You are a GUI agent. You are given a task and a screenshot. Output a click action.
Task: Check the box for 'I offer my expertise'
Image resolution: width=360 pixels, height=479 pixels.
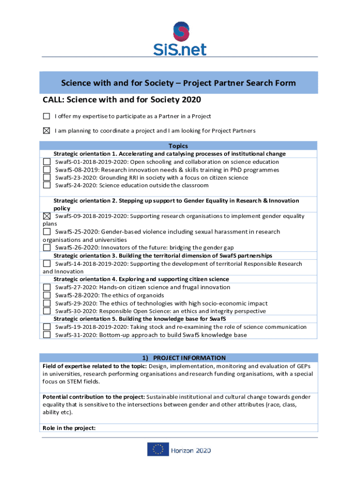[46, 116]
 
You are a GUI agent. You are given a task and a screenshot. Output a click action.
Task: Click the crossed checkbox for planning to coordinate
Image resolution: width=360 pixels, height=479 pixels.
[46, 131]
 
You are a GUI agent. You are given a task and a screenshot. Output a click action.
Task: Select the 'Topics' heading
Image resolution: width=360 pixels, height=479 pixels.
[178, 146]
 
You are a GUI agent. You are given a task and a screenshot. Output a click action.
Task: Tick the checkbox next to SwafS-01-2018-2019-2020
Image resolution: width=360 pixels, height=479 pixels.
[47, 162]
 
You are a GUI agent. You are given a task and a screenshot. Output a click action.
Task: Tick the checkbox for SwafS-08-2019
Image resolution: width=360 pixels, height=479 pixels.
[47, 170]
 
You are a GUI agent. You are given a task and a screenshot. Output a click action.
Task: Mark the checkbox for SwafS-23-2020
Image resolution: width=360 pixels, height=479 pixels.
[47, 177]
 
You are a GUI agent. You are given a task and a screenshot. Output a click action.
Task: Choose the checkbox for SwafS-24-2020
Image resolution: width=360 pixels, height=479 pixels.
[47, 185]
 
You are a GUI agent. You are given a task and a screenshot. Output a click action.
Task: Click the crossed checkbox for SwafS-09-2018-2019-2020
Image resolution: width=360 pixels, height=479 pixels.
[47, 216]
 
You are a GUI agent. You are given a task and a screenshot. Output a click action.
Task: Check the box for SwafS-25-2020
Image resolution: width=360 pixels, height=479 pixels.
[47, 232]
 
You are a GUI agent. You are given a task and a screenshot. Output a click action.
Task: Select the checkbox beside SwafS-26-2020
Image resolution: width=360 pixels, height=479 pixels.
[47, 247]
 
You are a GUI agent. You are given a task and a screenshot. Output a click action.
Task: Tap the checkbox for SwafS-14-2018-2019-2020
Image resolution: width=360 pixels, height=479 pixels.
[47, 264]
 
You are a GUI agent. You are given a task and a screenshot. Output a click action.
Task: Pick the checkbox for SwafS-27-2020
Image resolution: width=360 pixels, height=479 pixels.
[47, 287]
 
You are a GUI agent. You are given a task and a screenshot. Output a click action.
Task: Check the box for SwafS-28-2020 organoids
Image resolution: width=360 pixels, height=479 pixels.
[47, 295]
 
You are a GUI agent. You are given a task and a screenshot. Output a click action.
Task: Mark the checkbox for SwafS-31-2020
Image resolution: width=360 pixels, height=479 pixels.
[47, 335]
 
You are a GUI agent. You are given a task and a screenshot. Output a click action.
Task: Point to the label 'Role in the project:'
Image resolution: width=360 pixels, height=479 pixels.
[69, 428]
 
